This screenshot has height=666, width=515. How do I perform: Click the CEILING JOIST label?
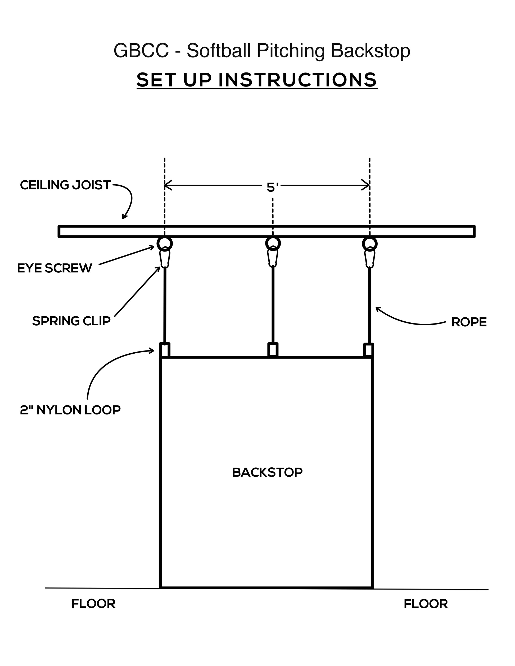click(65, 185)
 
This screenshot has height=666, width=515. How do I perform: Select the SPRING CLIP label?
click(71, 321)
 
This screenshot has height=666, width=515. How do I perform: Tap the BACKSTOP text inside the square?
click(267, 472)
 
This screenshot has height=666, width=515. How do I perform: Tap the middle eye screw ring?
click(273, 243)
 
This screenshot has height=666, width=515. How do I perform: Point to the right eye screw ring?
click(370, 244)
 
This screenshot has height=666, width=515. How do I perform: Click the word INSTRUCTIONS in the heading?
click(298, 80)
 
